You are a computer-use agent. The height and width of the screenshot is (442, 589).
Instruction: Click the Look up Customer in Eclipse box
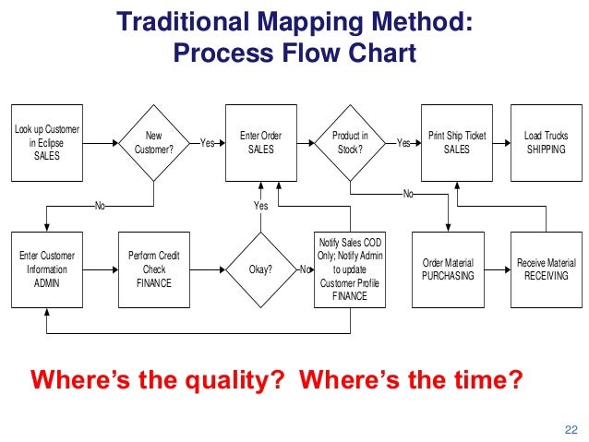pyautogui.click(x=45, y=143)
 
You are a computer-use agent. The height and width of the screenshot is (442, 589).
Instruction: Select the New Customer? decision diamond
pyautogui.click(x=154, y=143)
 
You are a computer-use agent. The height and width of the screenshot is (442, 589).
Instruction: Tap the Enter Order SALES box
pyautogui.click(x=261, y=143)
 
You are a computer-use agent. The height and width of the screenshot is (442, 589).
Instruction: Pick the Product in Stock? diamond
pyautogui.click(x=350, y=143)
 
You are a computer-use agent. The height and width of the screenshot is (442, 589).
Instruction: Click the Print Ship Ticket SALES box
pyautogui.click(x=456, y=143)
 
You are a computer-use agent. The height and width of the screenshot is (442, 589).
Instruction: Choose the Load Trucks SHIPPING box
pyautogui.click(x=546, y=143)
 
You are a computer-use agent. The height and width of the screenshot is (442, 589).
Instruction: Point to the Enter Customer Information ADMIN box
pyautogui.click(x=45, y=269)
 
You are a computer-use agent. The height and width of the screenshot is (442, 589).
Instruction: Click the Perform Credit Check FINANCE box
pyautogui.click(x=154, y=269)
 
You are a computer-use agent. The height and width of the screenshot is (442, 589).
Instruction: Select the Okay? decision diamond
pyautogui.click(x=261, y=269)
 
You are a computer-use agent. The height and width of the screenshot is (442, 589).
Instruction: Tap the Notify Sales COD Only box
pyautogui.click(x=350, y=269)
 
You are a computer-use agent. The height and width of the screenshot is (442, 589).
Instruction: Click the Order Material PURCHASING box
pyautogui.click(x=448, y=269)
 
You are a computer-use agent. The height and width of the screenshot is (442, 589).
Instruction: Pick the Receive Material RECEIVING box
pyautogui.click(x=546, y=269)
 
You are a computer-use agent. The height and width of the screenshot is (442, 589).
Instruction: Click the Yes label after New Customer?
pyautogui.click(x=207, y=143)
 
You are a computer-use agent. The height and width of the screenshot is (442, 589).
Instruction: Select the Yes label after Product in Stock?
pyautogui.click(x=403, y=143)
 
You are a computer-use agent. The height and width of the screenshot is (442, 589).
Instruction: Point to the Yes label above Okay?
pyautogui.click(x=261, y=206)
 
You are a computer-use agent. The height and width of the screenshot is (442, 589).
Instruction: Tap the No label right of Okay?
pyautogui.click(x=304, y=269)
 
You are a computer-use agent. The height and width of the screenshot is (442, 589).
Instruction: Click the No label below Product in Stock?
pyautogui.click(x=407, y=195)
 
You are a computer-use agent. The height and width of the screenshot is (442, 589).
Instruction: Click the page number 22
pyautogui.click(x=569, y=427)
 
